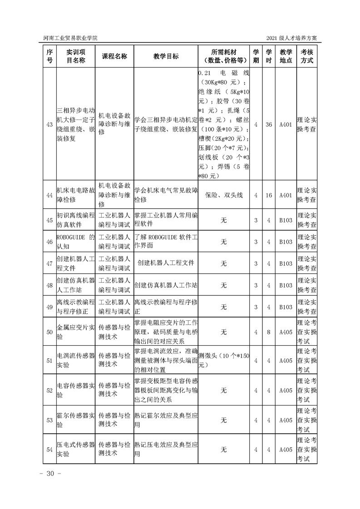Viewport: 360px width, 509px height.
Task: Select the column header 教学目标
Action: pos(166,56)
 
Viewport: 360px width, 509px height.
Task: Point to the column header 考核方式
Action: pos(307,56)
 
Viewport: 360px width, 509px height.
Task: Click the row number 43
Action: pos(49,124)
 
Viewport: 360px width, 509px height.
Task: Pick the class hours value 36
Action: pos(269,124)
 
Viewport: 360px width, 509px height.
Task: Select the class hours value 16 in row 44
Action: pos(269,195)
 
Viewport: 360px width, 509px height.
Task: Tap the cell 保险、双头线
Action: pos(224,195)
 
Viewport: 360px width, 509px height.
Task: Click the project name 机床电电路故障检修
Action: pos(75,195)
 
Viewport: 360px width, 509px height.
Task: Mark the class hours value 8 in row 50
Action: pos(269,332)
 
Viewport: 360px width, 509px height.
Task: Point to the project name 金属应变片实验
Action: pos(75,332)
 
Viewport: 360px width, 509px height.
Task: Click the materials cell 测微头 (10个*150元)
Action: pos(224,360)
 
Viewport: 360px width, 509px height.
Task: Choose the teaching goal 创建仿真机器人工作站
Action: pos(166,285)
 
